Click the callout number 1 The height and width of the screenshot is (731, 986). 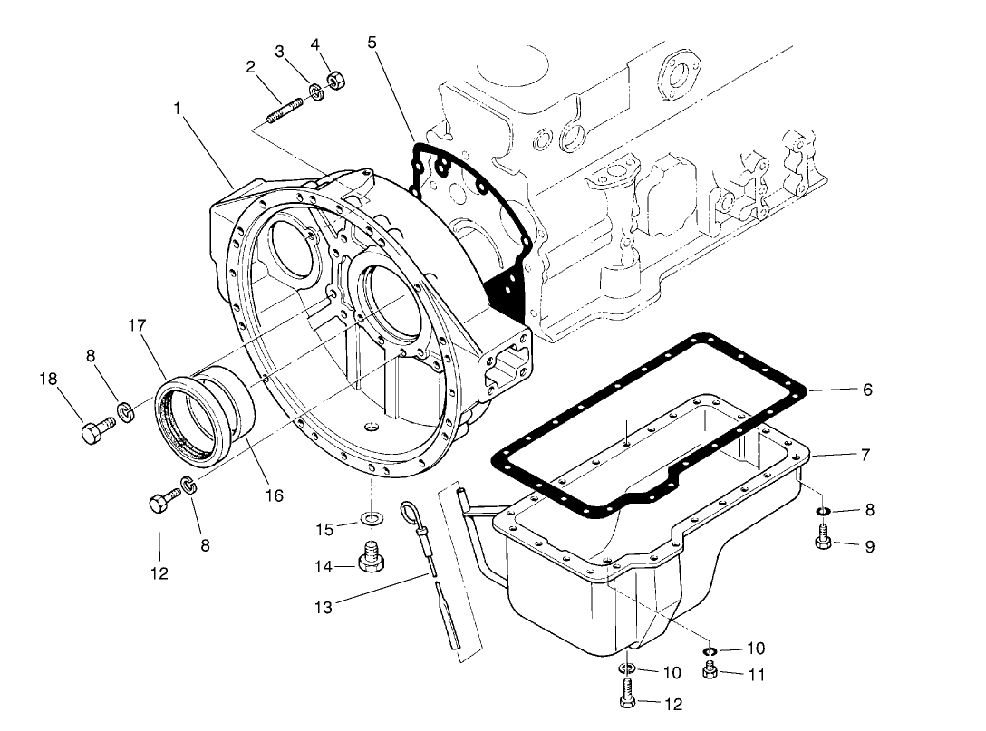(178, 108)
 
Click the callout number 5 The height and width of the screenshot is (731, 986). (372, 41)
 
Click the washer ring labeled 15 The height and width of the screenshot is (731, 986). (372, 519)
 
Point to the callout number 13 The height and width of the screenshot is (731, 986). (324, 607)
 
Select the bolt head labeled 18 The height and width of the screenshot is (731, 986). (91, 433)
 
